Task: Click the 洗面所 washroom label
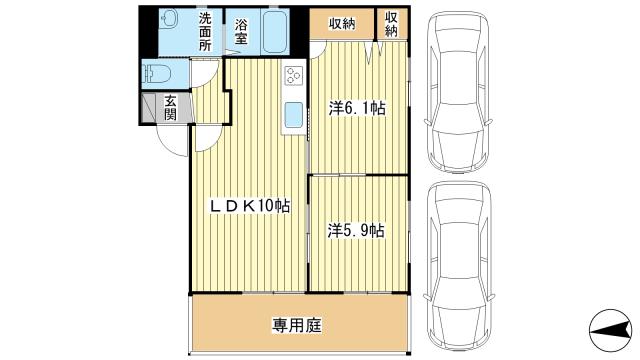205,32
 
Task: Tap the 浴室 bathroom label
241,32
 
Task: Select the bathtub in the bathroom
275,31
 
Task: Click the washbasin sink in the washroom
168,19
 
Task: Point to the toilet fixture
156,74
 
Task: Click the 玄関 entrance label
171,107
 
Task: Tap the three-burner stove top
293,76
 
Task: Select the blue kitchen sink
293,115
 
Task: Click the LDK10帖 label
250,205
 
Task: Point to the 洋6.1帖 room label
358,108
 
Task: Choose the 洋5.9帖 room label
356,231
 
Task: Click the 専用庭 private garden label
297,325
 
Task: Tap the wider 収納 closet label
342,24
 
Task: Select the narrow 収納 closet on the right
391,24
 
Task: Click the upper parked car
458,92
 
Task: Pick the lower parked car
459,266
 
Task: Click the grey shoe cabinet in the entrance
148,108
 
